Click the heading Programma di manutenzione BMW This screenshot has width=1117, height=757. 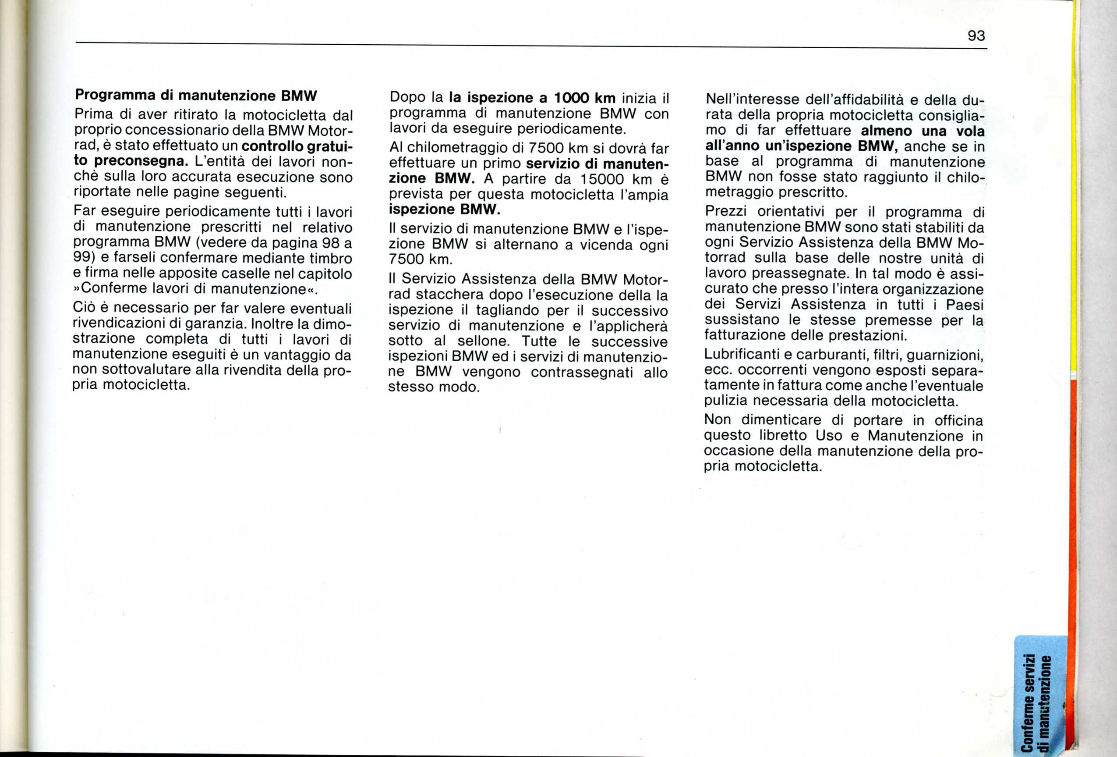(x=196, y=95)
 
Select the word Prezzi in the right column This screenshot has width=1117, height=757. (x=726, y=212)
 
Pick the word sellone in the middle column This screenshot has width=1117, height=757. (x=483, y=341)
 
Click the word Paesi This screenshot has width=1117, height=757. (x=964, y=305)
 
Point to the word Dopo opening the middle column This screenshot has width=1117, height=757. (x=407, y=98)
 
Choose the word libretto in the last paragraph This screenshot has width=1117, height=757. (x=784, y=436)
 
